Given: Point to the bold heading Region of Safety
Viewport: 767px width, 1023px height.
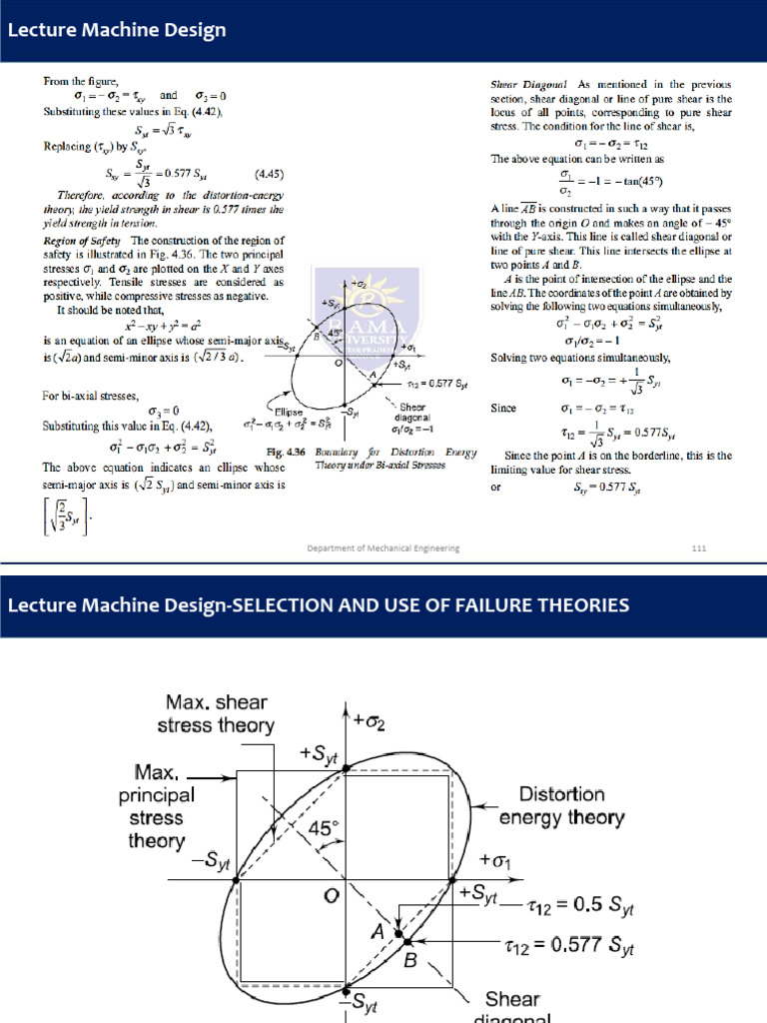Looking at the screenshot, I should (82, 241).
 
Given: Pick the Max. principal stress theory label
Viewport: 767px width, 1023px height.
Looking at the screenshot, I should (158, 807).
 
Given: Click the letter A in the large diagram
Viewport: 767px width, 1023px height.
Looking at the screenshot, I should (378, 931).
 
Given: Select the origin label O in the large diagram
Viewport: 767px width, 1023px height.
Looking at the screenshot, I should (329, 895).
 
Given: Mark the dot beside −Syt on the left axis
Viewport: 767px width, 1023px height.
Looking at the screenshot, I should (236, 880).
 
